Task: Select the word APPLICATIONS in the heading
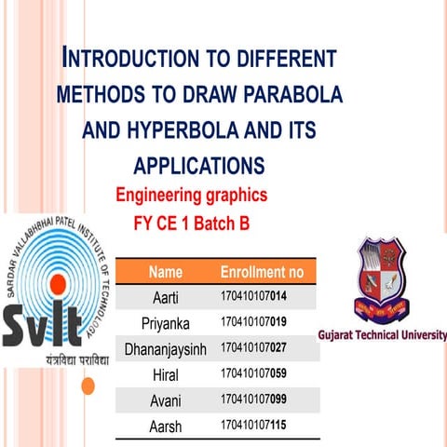pyautogui.click(x=199, y=166)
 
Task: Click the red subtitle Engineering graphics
pyautogui.click(x=191, y=196)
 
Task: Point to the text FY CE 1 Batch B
pyautogui.click(x=192, y=223)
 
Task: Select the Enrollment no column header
pyautogui.click(x=262, y=273)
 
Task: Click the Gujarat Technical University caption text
pyautogui.click(x=395, y=335)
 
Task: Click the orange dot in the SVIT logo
pyautogui.click(x=57, y=283)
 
